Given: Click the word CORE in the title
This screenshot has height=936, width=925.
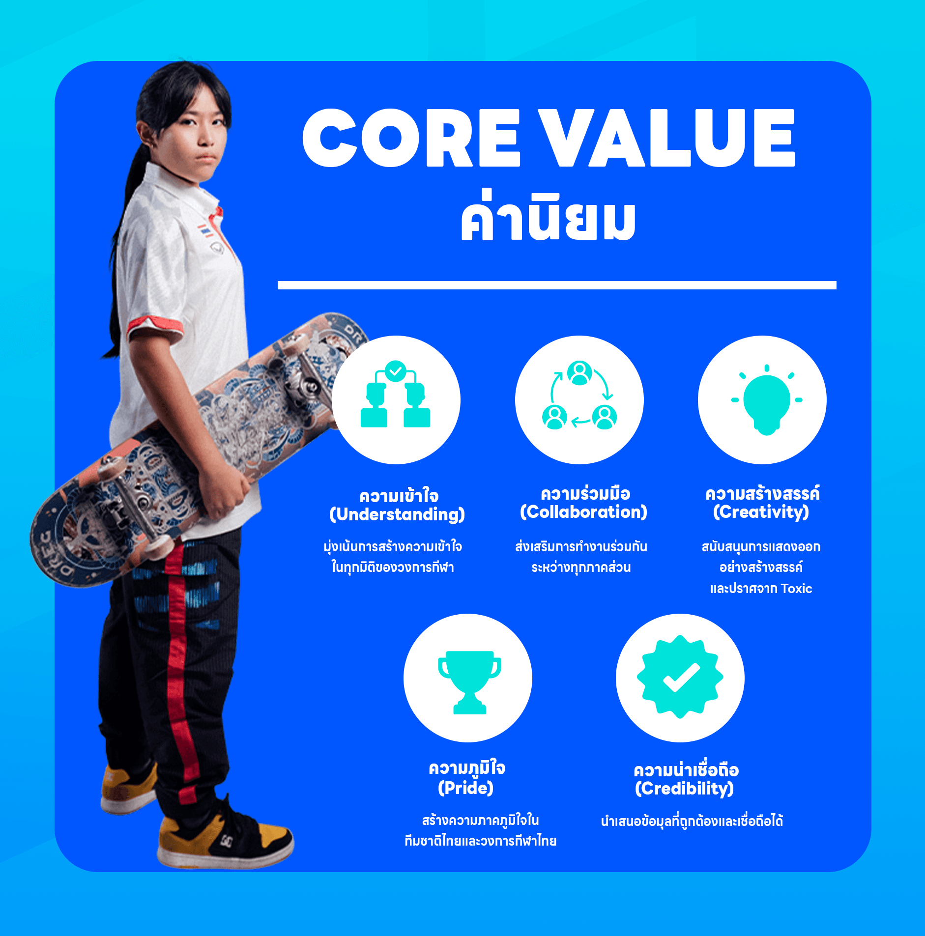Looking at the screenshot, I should click(411, 139).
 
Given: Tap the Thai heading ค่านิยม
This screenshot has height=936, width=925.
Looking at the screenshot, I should click(548, 219).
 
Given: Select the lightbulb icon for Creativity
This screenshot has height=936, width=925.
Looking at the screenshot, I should click(766, 400).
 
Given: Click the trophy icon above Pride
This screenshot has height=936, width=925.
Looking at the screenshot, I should click(469, 681).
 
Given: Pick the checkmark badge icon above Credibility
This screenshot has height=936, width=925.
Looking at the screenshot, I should click(680, 677).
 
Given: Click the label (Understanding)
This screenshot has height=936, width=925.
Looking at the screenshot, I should click(397, 514).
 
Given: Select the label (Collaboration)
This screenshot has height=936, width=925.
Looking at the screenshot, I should click(583, 512).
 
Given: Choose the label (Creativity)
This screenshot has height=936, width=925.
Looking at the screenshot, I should click(761, 512).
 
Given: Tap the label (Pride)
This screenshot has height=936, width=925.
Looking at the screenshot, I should click(465, 788).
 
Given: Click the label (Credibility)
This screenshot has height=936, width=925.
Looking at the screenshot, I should click(684, 789).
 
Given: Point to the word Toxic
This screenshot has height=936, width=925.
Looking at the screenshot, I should click(796, 589).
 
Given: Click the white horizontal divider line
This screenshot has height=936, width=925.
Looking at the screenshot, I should click(556, 285).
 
